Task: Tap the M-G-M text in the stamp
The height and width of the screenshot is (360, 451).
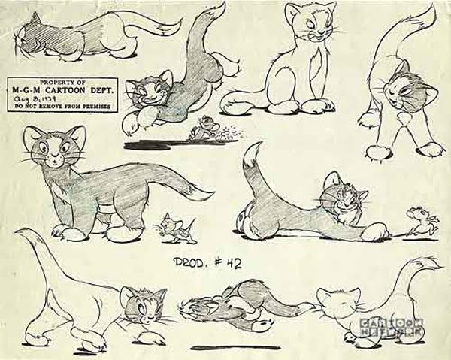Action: (x=29, y=89)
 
